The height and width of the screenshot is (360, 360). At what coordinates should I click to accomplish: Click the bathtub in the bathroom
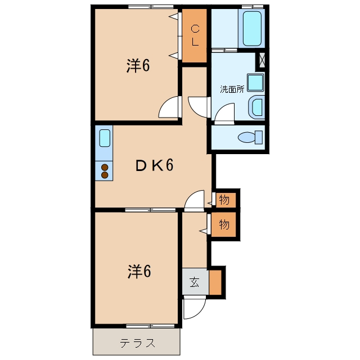point(252,29)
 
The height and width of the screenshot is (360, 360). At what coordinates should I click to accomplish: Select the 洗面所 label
point(232,89)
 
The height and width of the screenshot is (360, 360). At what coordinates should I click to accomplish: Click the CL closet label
point(195,35)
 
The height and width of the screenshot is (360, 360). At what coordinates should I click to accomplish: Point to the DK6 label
point(154,165)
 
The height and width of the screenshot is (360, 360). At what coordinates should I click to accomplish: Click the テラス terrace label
point(137,343)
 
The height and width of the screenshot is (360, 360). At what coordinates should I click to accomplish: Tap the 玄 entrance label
point(195,282)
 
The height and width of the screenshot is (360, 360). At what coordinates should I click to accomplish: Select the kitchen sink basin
point(105,138)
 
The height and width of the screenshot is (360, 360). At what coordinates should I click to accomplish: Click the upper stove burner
point(105,168)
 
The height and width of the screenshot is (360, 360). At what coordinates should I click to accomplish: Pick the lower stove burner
point(105,175)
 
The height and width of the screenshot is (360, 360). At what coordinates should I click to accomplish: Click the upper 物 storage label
point(224,200)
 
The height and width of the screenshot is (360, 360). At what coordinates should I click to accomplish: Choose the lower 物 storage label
point(224,224)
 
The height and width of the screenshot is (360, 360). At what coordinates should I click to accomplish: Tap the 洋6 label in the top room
point(138,66)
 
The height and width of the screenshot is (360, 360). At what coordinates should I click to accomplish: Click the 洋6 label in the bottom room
point(139,272)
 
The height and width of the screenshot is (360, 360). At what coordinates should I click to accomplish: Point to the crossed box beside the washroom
point(262,60)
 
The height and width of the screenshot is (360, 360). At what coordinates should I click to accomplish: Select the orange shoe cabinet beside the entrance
point(215,282)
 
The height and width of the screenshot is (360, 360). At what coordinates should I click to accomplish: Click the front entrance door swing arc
point(200,313)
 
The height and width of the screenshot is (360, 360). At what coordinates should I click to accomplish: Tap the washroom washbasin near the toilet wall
point(256,107)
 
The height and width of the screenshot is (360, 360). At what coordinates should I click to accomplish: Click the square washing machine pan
point(255,83)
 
